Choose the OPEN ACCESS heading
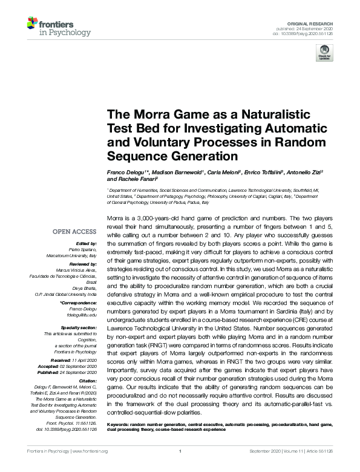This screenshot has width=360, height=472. coord(74,231)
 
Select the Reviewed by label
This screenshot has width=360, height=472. coord(80,264)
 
